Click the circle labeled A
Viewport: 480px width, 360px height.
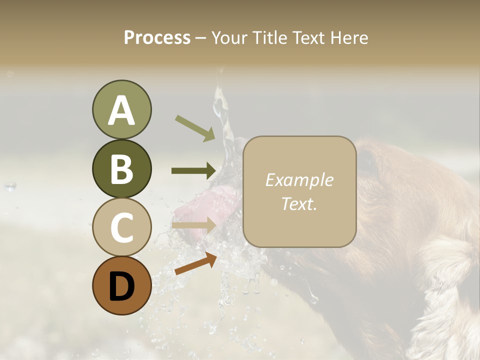[121, 109]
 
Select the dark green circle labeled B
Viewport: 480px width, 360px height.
[121, 169]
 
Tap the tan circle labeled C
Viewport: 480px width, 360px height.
[121, 227]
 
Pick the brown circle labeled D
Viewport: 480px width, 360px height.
[121, 285]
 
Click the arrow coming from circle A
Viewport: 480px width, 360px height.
[195, 128]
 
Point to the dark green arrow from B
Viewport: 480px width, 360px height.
[193, 170]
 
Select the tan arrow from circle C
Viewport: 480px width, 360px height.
[193, 225]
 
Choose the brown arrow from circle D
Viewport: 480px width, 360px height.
[195, 263]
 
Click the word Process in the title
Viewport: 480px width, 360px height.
[157, 37]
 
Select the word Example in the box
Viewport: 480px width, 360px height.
[299, 180]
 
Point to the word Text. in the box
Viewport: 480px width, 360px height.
[299, 203]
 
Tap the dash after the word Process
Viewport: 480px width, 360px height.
[200, 38]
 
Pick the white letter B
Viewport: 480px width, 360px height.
[121, 169]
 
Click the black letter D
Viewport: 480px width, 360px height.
[121, 286]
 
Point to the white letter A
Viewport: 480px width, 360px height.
[121, 110]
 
